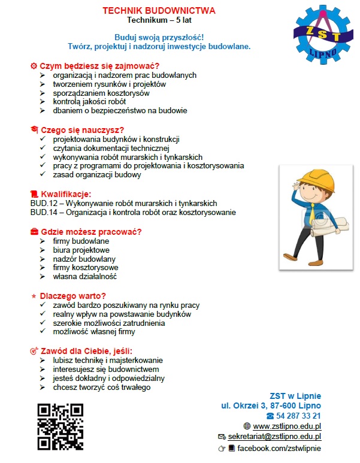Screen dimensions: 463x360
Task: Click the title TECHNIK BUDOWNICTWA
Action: tap(159, 11)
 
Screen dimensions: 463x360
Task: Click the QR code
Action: tap(60, 426)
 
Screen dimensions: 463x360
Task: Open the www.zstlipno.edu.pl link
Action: tap(288, 426)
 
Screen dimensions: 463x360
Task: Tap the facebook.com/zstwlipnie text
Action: tap(279, 448)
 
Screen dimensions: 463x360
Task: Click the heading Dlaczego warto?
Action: tap(72, 295)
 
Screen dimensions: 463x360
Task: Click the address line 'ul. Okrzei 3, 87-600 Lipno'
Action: tap(271, 405)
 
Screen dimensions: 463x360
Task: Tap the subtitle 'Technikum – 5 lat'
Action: tap(159, 20)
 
